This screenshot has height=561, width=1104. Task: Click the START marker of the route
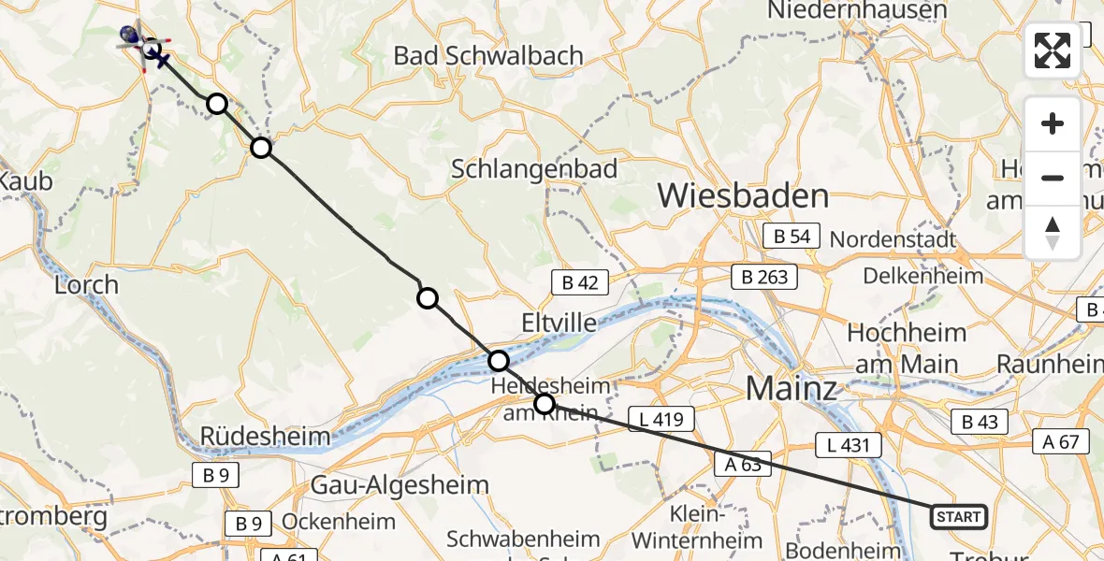959,516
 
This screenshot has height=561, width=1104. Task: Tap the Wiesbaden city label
743,196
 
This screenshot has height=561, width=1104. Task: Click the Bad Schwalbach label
488,56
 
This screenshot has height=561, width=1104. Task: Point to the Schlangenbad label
534,169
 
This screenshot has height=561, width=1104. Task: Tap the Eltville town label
559,324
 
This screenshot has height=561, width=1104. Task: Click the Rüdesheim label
266,436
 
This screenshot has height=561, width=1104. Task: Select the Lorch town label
86,284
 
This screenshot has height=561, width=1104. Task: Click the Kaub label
26,180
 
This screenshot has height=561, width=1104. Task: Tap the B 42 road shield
580,281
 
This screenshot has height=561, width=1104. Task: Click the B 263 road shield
764,276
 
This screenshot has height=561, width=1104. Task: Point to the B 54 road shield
792,237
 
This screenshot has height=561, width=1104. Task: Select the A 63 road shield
742,463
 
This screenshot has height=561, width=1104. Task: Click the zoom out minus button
1053,178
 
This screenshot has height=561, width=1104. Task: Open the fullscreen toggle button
1053,50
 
